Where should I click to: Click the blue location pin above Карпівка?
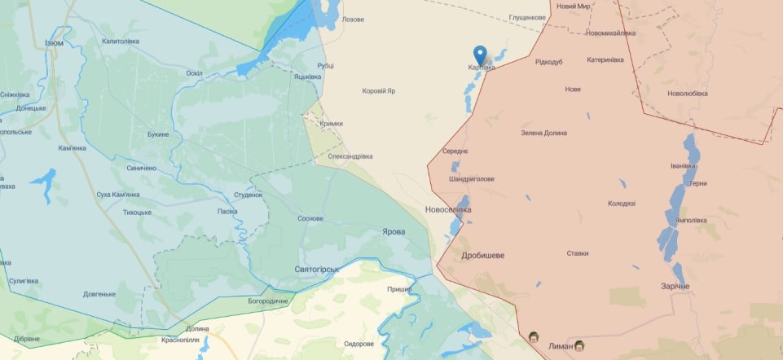[x=481, y=55]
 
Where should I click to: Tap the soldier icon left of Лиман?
[x=534, y=337]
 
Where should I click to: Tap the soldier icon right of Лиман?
[x=579, y=345]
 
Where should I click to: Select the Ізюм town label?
[x=55, y=42]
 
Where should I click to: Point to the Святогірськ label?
[x=316, y=269]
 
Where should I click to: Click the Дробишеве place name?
[x=483, y=255]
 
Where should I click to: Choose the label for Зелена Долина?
[x=543, y=133]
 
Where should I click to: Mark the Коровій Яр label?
[x=379, y=91]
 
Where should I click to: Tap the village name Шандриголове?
[x=472, y=179]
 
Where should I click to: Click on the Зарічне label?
[x=675, y=287]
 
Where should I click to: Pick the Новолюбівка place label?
[x=689, y=93]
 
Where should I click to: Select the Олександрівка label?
[x=350, y=156]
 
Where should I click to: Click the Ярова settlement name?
[x=394, y=231]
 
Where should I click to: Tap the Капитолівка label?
[x=121, y=41]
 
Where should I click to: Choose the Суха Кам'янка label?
[x=118, y=195]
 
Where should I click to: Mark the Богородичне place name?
[x=268, y=301]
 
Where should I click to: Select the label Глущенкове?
[x=527, y=17]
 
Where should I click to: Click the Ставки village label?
[x=578, y=253]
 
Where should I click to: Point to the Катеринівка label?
[x=605, y=59]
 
